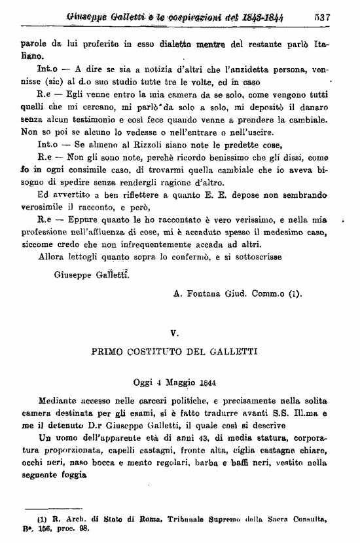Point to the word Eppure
[x=71, y=221]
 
